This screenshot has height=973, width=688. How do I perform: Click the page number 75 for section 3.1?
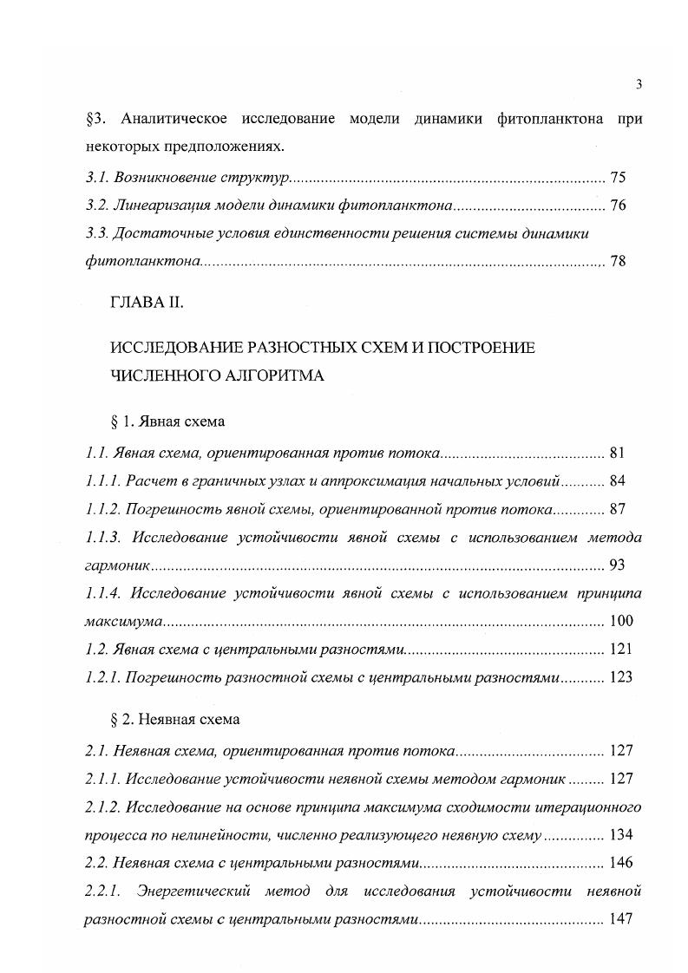pos(618,177)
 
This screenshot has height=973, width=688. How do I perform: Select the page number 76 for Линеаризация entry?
pos(618,206)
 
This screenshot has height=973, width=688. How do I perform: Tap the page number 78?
pos(618,260)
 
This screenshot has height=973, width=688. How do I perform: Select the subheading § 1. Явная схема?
pos(168,421)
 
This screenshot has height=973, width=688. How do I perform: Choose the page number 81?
pos(618,452)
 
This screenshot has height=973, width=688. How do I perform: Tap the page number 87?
pos(618,508)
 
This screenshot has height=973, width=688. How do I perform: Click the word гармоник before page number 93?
pos(117,565)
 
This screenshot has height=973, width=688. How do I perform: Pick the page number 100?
pos(621,621)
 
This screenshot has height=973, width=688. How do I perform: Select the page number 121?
pos(621,649)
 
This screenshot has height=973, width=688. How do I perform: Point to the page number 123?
pos(621,677)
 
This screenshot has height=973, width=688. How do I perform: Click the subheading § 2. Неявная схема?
pos(176,720)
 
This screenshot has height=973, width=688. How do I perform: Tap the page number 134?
pos(621,835)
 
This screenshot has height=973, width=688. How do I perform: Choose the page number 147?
pos(621,919)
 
